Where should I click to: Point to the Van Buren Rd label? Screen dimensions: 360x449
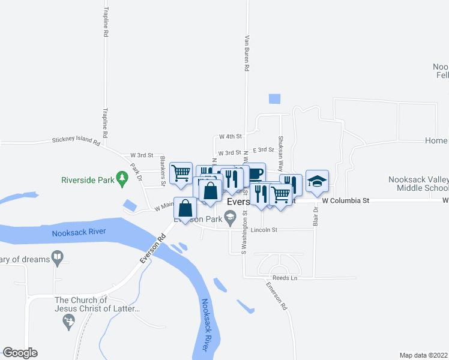point(246,53)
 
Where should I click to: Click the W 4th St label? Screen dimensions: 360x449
point(230,137)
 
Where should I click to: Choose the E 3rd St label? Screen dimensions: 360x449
point(264,149)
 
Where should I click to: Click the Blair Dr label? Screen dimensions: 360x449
point(315,216)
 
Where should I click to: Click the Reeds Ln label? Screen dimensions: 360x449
point(285,278)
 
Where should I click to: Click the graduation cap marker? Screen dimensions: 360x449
point(317,181)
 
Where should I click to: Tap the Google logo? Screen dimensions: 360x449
point(20,353)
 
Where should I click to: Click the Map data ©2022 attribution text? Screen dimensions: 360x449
point(423,355)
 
